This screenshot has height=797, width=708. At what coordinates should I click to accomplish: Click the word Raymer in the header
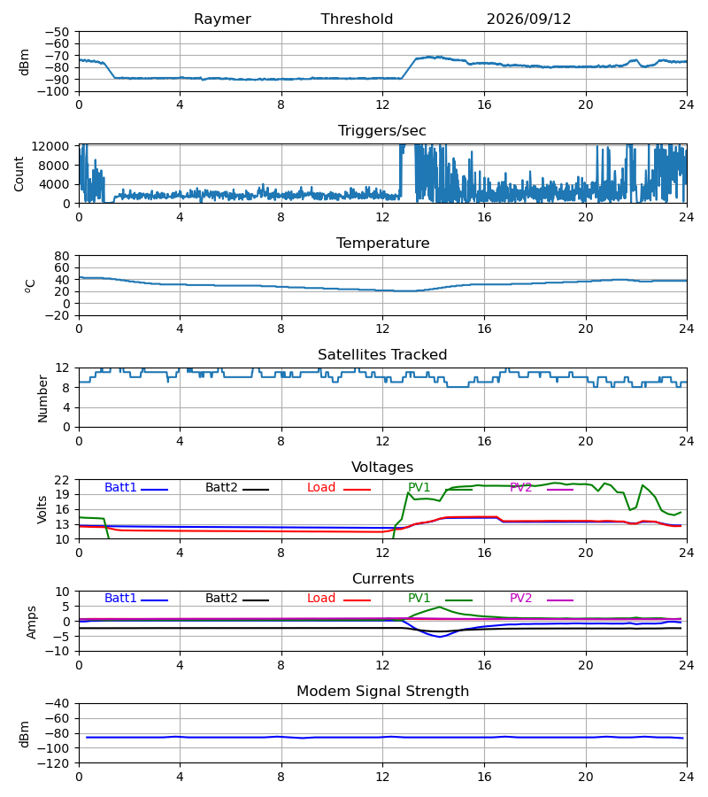222,19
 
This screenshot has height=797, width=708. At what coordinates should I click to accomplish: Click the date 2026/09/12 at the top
528,19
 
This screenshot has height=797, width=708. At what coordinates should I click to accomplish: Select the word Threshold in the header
357,19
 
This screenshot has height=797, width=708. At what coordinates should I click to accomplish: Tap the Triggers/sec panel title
382,131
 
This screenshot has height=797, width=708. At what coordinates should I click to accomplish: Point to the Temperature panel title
382,243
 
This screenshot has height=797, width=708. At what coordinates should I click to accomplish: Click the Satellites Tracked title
382,355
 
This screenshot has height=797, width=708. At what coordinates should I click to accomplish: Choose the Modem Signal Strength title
382,692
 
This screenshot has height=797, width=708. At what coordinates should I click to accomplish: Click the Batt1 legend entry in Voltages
136,487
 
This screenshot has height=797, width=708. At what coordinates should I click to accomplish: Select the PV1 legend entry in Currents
440,599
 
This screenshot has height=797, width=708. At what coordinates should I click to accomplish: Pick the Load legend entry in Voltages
339,487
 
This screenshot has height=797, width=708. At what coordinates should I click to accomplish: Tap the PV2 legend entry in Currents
542,599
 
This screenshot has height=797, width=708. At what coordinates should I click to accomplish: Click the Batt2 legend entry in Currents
237,599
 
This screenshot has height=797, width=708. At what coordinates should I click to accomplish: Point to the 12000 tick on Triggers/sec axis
50,146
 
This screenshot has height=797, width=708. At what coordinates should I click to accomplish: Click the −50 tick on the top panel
58,32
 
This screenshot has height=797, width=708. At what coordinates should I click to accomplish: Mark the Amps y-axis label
32,623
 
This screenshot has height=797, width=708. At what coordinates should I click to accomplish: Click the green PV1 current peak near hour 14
439,607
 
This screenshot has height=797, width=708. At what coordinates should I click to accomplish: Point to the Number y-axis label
42,398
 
